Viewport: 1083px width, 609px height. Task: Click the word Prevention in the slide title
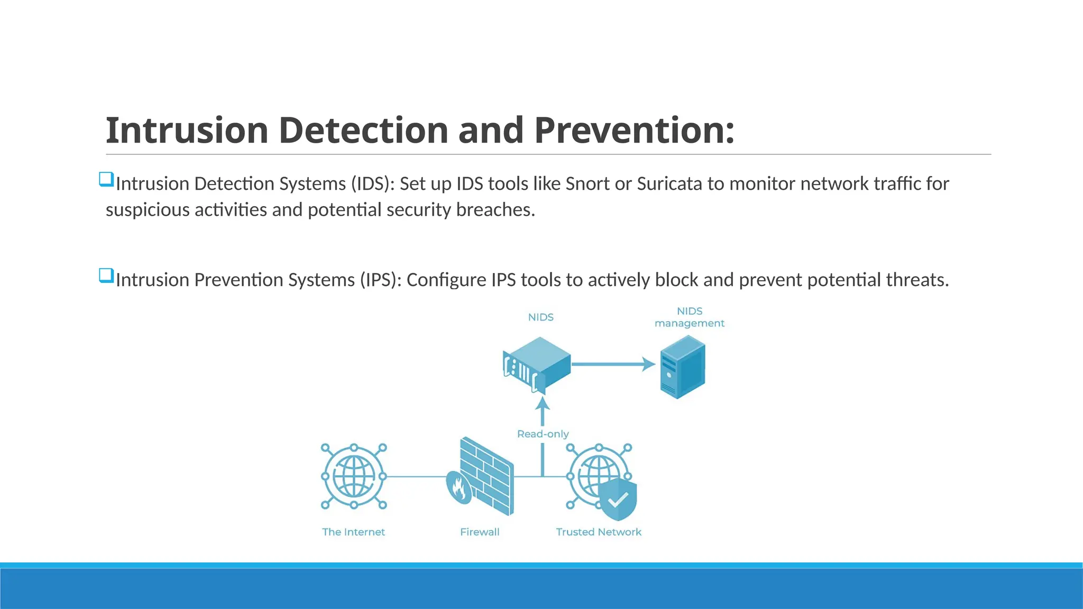634,130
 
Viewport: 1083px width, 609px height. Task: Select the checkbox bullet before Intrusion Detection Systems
106,179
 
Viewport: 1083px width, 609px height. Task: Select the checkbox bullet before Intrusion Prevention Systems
106,275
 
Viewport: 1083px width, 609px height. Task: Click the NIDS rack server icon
536,365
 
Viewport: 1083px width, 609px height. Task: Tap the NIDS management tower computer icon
682,367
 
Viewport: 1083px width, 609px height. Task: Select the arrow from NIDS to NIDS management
613,364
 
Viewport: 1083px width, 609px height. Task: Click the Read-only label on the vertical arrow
543,434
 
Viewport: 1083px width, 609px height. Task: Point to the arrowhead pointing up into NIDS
543,405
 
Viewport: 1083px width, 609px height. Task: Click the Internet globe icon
354,476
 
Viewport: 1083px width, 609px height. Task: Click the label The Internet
353,532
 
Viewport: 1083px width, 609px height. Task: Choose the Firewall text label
480,532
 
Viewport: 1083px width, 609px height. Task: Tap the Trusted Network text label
598,532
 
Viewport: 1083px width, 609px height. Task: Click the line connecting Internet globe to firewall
418,476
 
